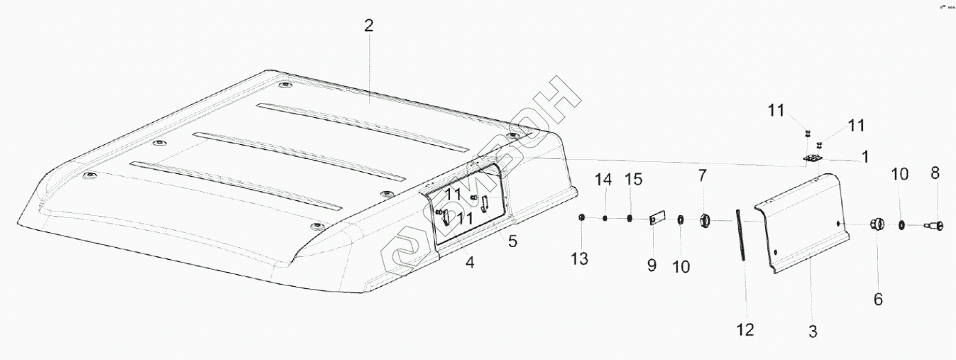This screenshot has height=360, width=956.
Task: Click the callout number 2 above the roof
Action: coord(368,27)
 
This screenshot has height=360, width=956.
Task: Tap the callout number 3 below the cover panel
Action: coord(813,331)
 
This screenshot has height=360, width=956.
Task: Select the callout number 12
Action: coord(745,329)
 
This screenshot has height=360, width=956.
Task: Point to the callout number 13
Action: coord(580,259)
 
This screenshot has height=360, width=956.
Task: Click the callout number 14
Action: coord(603,180)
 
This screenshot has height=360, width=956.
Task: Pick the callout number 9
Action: coord(652,265)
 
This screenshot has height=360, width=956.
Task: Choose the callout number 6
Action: coord(878,300)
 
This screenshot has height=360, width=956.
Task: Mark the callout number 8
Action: coord(935,173)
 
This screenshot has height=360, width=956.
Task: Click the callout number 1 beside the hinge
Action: coord(865,156)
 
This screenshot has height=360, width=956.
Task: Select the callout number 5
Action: coord(512,241)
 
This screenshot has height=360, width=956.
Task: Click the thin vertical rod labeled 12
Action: coord(740,235)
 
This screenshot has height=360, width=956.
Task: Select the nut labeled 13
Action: coord(581,217)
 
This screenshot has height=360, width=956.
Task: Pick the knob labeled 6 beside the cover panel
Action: coord(877,225)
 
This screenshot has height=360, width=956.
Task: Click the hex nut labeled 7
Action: coord(704,220)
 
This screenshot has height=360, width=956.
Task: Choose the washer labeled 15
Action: coord(630,218)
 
